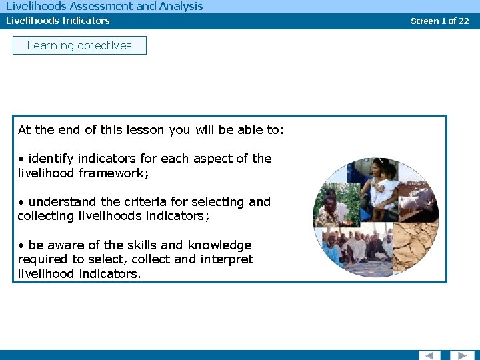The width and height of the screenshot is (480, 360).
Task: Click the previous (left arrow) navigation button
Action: click(429, 355)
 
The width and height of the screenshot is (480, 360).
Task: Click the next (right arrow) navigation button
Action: click(461, 355)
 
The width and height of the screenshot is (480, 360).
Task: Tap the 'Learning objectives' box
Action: click(79, 45)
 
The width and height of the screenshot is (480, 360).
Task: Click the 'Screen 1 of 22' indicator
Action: click(439, 21)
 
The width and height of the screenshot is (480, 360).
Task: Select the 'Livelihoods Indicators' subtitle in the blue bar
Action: click(58, 21)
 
